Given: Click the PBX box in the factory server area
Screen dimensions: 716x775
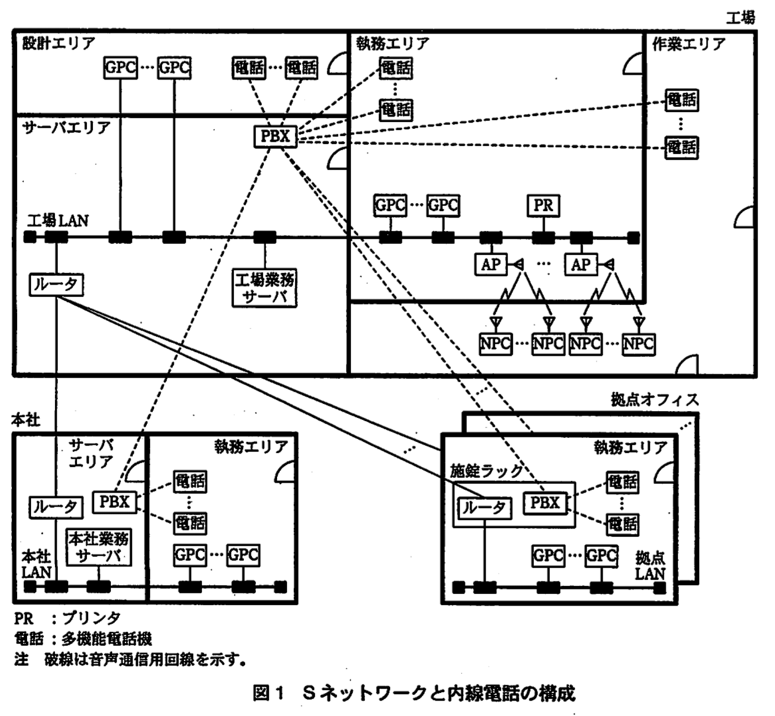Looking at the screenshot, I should (x=275, y=136).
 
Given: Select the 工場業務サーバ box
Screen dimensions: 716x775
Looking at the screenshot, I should (x=264, y=288).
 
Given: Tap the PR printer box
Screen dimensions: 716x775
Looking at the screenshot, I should (x=543, y=206).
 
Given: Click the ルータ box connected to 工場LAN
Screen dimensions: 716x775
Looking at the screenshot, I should (x=56, y=285).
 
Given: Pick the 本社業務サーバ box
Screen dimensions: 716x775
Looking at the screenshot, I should (x=99, y=547).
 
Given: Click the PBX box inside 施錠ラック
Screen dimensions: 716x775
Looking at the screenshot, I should (x=545, y=503).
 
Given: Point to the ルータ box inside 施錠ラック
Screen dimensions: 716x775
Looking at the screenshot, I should (x=484, y=508).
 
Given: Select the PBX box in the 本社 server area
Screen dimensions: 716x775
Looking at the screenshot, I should (x=114, y=502).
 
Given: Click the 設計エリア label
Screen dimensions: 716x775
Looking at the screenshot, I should (x=59, y=43).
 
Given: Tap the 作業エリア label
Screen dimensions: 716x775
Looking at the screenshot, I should (x=689, y=44).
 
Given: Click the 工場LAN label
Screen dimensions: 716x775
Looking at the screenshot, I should (x=58, y=221).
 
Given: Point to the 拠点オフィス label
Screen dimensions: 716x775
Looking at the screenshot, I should (x=655, y=400).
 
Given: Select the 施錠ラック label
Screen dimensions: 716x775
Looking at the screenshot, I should (x=486, y=471).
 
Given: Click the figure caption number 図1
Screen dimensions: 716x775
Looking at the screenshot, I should (x=269, y=693).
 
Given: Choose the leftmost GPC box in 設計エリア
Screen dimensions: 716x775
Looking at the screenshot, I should (x=120, y=68).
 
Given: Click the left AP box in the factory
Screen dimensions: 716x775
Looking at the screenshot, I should (x=491, y=264).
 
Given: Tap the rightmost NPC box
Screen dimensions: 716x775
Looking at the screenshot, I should (x=638, y=344).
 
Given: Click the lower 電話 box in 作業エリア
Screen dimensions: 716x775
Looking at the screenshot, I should (x=682, y=147).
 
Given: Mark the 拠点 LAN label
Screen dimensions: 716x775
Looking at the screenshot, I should (x=650, y=566).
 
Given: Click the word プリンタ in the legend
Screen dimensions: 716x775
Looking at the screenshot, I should (x=91, y=618).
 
